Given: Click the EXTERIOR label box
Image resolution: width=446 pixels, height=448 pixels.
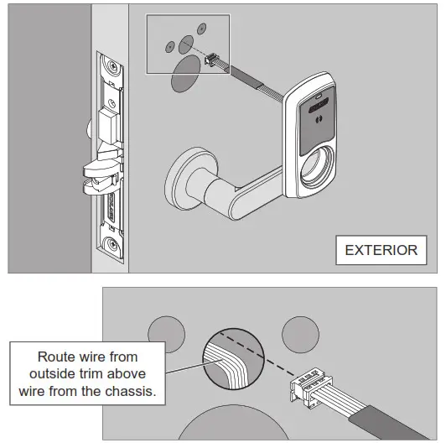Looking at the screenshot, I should [381, 249].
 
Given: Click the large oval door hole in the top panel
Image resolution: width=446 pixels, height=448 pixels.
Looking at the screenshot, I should [186, 79].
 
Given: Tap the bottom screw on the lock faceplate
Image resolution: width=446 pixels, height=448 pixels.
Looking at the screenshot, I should [110, 244].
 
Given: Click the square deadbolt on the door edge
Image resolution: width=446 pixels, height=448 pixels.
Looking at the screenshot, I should [109, 126].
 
